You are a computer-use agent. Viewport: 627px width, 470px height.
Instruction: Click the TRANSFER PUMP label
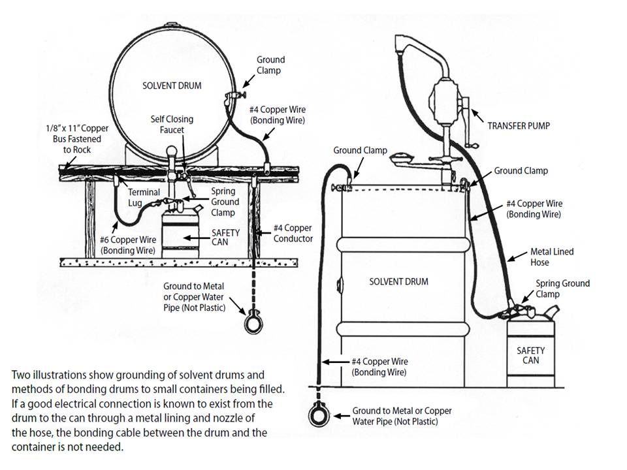519,125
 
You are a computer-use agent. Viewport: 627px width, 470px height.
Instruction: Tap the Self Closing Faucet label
172,125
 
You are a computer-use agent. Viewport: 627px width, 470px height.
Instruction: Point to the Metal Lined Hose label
534,257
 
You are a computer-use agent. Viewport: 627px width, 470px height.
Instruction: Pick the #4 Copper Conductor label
292,233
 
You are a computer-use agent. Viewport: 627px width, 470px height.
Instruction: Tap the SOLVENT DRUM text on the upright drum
398,281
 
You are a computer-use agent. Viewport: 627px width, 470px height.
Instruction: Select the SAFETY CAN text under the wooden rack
225,238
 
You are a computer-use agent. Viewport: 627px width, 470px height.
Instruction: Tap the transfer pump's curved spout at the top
410,49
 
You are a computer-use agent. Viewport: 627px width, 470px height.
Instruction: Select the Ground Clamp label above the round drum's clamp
270,65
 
